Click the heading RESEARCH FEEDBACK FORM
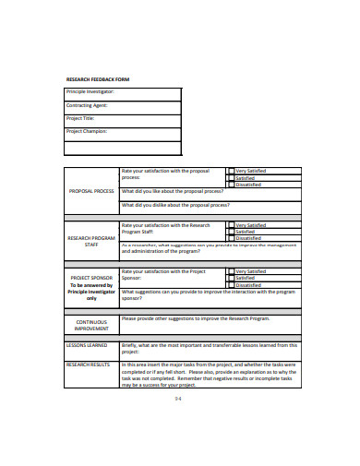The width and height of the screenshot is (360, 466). coord(97,80)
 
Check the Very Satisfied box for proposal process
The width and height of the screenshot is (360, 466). coord(231,171)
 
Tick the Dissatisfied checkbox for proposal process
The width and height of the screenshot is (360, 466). coord(231,184)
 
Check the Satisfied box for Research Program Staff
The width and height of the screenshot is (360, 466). coord(231,232)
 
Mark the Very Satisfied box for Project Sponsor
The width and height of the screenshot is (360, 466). coord(231,271)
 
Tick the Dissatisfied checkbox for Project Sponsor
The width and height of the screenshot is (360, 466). coord(231,284)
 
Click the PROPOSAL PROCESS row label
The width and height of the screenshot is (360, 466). coord(91,191)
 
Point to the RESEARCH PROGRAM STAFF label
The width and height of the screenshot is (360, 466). coord(91,241)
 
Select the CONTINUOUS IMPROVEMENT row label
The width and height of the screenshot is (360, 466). coord(91,324)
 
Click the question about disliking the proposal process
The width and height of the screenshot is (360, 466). coord(175,205)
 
